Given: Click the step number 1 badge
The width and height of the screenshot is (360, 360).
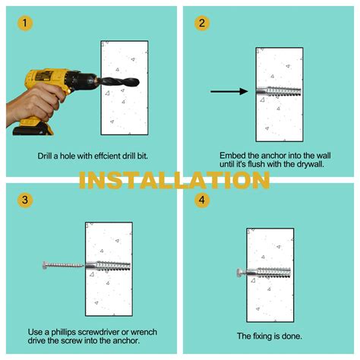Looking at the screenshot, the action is [25, 24].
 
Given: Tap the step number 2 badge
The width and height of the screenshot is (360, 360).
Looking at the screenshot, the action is [202, 24].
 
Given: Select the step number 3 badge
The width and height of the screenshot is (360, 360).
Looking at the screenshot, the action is [25, 200].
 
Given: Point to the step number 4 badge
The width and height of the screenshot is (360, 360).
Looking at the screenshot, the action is [202, 200].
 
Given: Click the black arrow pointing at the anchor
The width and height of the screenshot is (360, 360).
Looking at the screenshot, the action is [229, 91].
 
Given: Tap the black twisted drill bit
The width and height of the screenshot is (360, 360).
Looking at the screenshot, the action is [120, 82].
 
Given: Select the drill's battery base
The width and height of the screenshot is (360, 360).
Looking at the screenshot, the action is [33, 127].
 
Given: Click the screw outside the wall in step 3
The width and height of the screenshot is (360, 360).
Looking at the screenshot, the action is [63, 265].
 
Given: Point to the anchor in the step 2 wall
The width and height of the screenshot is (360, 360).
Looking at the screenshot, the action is [279, 91].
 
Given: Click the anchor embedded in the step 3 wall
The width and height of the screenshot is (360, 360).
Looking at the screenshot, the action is [108, 267].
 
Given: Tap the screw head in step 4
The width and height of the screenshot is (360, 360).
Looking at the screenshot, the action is [240, 273].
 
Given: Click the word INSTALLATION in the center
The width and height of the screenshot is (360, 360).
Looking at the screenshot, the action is [175, 180].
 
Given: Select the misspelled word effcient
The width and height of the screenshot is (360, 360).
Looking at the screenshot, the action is [104, 156].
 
